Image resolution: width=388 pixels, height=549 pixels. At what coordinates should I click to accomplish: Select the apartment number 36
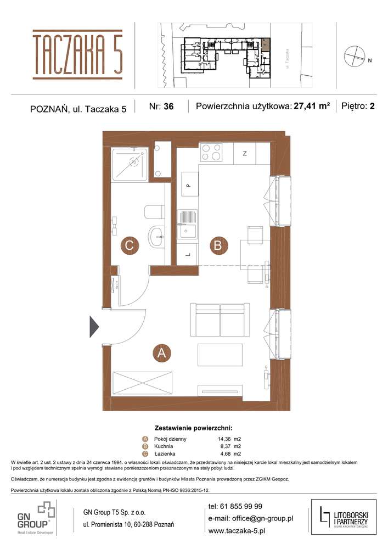[x=168, y=107]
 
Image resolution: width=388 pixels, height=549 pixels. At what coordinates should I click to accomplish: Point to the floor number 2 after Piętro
[x=372, y=107]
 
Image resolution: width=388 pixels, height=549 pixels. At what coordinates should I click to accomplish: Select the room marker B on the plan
[x=217, y=245]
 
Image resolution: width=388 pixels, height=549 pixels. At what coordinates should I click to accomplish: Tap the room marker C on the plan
[x=129, y=245]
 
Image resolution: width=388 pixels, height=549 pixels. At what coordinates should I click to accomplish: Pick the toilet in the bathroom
[x=154, y=212]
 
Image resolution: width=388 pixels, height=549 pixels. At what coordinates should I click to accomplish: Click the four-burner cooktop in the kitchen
[x=211, y=152]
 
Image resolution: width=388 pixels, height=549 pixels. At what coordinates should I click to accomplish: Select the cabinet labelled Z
[x=245, y=153]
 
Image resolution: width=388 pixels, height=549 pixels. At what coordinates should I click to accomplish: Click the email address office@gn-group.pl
[x=251, y=518]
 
